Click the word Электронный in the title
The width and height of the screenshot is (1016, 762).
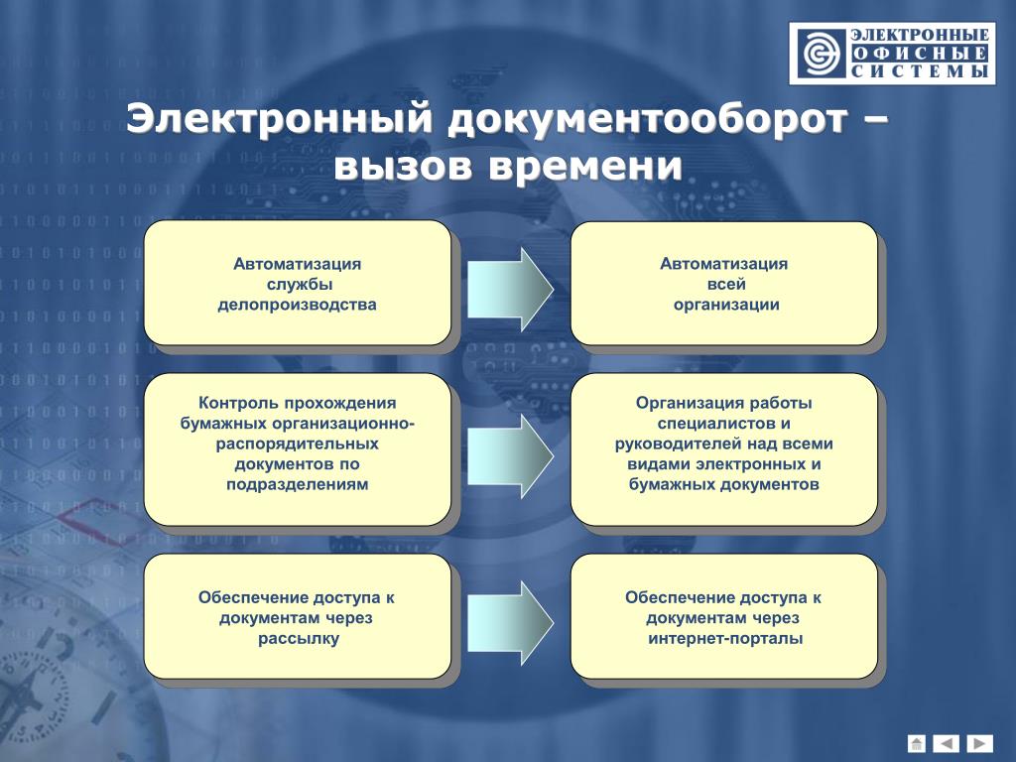tap(279, 120)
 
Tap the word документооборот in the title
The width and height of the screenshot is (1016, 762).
tap(647, 120)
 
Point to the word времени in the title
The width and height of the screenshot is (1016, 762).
tap(585, 166)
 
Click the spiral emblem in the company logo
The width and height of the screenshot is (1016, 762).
tap(821, 54)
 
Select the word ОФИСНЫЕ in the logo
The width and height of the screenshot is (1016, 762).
tap(920, 54)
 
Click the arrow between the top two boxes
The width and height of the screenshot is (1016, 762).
tap(511, 290)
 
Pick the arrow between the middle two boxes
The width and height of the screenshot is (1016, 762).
tap(511, 456)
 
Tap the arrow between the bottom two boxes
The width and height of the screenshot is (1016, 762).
tap(511, 623)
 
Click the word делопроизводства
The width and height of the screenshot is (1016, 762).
tap(298, 306)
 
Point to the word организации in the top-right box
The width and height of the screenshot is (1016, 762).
tap(726, 306)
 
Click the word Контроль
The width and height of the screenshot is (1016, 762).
tap(237, 404)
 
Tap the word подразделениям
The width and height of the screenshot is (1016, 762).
tap(298, 484)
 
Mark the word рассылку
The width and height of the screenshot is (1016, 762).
tap(299, 639)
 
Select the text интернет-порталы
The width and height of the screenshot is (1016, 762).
tap(725, 639)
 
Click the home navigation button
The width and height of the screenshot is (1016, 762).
tap(916, 742)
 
